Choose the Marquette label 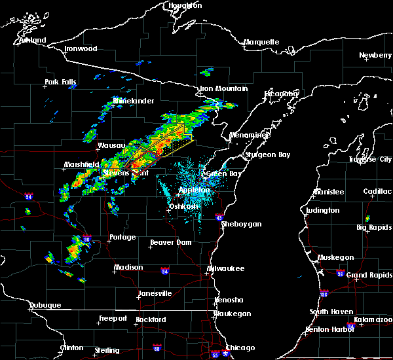[x=262, y=43]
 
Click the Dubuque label [x=45, y=305]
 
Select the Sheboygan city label [x=241, y=224]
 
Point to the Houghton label [x=185, y=5]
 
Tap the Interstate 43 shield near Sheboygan [x=219, y=217]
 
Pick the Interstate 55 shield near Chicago [x=215, y=355]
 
